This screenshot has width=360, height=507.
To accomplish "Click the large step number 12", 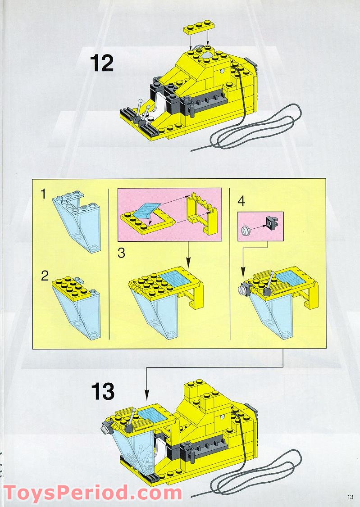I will pyautogui.click(x=101, y=63).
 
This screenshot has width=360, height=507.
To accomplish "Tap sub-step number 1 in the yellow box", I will pyautogui.click(x=43, y=195).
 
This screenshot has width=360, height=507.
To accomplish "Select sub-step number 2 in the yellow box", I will pyautogui.click(x=44, y=276).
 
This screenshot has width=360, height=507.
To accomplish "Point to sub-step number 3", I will pyautogui.click(x=121, y=253).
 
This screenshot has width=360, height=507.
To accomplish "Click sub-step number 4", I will pyautogui.click(x=241, y=201).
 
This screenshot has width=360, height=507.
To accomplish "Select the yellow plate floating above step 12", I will pyautogui.click(x=198, y=27).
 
